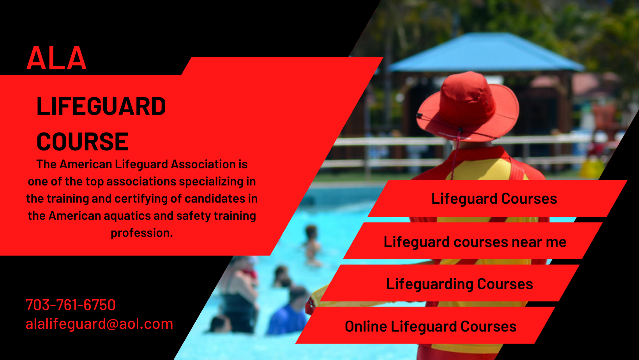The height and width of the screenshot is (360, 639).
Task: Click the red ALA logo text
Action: pyautogui.click(x=56, y=58)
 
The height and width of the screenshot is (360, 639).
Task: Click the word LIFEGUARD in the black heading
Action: pyautogui.click(x=101, y=106)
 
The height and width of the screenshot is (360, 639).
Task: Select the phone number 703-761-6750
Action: pyautogui.click(x=71, y=305)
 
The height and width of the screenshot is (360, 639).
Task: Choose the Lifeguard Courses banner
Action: pyautogui.click(x=497, y=199)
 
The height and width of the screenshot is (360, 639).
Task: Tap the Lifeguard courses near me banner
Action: pyautogui.click(x=473, y=241)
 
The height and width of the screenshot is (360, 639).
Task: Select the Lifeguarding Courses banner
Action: pyautogui.click(x=450, y=283)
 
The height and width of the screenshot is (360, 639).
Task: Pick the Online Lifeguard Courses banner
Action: pyautogui.click(x=425, y=325)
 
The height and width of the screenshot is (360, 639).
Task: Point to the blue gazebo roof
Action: pyautogui.click(x=486, y=53)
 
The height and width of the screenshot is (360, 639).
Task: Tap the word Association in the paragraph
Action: pyautogui.click(x=203, y=164)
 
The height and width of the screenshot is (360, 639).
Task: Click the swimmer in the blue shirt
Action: pyautogui.click(x=288, y=312)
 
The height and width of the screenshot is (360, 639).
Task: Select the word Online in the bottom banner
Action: pyautogui.click(x=366, y=326)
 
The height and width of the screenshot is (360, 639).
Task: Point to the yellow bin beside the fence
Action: pyautogui.click(x=592, y=169)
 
